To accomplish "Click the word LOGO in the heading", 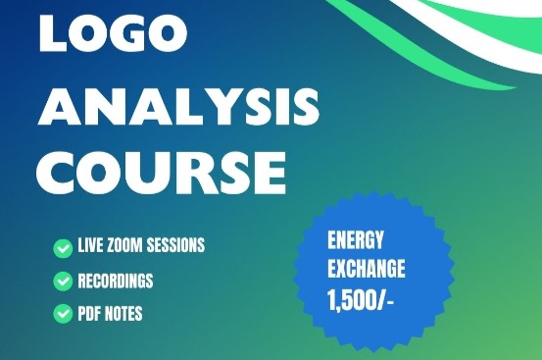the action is [113, 33].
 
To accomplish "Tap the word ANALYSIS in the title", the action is [178, 106].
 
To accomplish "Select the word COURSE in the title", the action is [161, 173].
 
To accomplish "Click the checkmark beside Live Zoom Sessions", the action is [63, 248].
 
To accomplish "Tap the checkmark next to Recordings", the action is [63, 281].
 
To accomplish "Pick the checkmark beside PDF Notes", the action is [63, 313].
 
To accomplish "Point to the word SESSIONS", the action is [175, 245].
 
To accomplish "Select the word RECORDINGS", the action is [116, 281].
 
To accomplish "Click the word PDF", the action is [89, 314].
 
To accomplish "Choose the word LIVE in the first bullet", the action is [90, 245].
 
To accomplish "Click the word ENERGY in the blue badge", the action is [356, 240].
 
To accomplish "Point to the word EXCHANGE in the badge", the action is [367, 269].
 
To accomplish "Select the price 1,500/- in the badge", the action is [361, 299].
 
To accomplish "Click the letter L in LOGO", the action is [54, 33].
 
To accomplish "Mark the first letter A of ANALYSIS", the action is [59, 106].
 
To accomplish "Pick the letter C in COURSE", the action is [55, 173].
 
